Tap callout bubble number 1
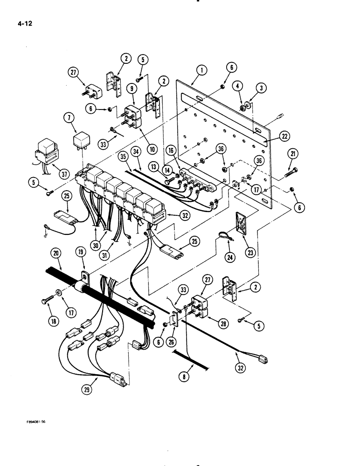click(201, 70)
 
